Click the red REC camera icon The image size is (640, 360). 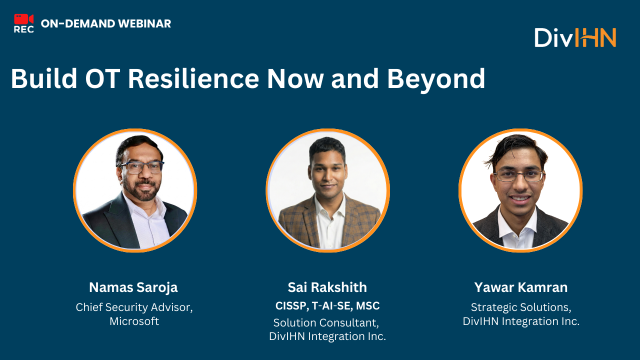[x=23, y=20]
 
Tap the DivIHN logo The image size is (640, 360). [x=575, y=37]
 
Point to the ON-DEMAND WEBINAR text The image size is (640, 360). [x=106, y=23]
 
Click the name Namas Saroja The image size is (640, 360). [x=133, y=287]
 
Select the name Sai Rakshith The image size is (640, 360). [x=327, y=287]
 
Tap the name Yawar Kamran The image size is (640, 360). [x=521, y=287]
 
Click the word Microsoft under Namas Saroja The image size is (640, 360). [x=134, y=321]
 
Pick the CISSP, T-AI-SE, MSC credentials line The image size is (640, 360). [x=327, y=305]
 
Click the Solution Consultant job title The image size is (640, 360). [x=327, y=323]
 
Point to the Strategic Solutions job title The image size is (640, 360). [x=521, y=307]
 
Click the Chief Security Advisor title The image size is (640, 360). [x=134, y=307]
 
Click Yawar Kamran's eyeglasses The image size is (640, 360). [x=519, y=175]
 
